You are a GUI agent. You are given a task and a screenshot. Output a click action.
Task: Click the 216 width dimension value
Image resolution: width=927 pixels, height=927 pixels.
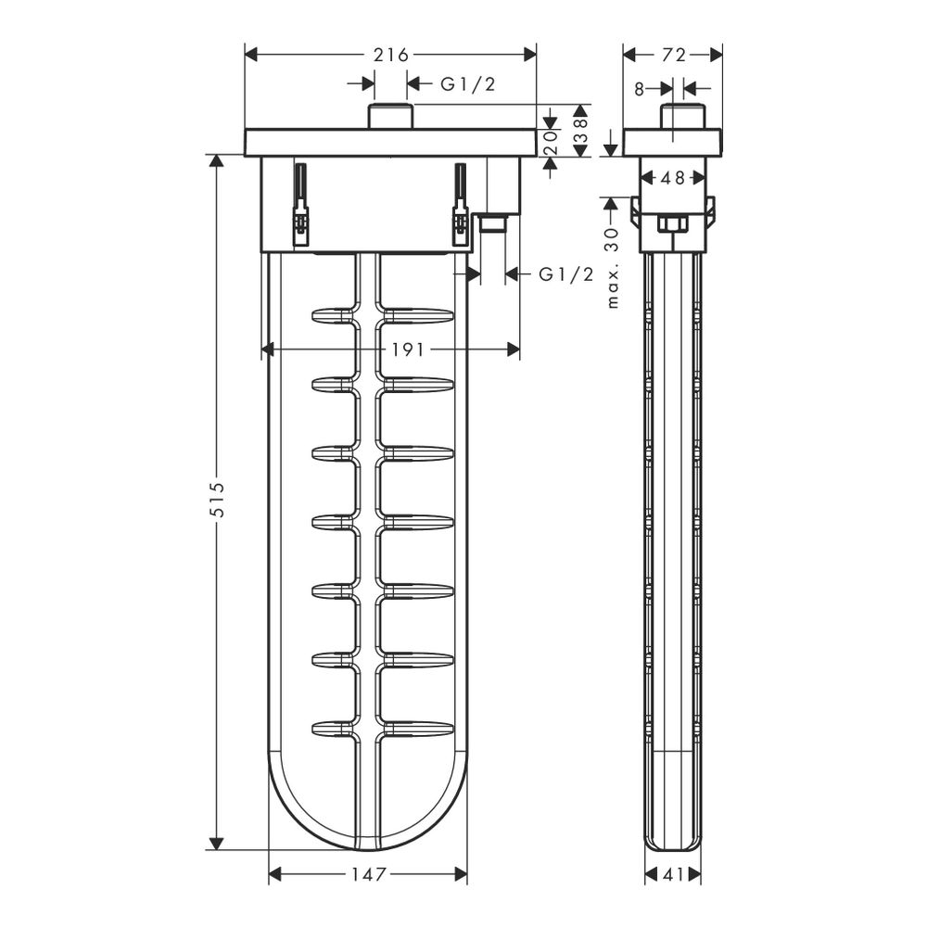[391, 55]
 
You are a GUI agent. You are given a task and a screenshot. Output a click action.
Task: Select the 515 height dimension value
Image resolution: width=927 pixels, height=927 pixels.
[218, 501]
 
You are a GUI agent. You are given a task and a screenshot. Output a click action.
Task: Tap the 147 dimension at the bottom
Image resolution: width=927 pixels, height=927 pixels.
[368, 874]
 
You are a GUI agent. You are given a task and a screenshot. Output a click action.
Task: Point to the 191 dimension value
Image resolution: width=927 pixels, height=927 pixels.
[408, 350]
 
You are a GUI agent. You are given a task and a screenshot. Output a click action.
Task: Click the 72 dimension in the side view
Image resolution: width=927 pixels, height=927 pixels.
[673, 55]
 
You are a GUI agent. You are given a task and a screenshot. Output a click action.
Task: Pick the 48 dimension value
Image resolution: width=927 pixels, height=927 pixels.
[672, 177]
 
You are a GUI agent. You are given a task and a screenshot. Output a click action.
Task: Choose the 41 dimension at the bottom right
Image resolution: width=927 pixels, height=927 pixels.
[673, 874]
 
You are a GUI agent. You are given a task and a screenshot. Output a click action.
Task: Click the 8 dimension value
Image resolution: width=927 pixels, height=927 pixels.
[639, 89]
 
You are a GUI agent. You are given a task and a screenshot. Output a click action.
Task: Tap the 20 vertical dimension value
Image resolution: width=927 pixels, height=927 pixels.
[551, 143]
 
